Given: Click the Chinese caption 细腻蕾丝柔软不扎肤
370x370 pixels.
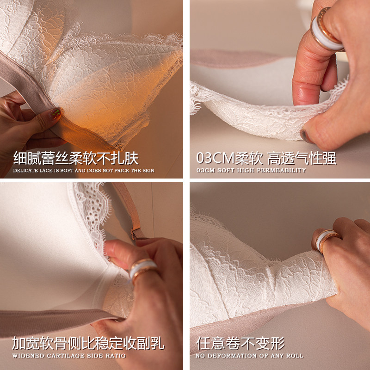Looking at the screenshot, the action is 76,158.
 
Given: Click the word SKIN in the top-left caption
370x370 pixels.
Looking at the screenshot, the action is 148,171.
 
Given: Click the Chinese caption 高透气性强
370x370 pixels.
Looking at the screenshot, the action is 302,158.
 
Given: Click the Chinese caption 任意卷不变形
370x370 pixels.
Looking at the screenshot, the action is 240,343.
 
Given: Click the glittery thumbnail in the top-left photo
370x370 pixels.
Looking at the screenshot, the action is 55,114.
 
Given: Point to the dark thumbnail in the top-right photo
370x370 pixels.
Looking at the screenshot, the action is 306,136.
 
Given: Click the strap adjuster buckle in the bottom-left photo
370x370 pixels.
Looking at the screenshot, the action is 137,234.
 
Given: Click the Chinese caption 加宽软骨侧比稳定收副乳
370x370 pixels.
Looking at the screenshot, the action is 88,343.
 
